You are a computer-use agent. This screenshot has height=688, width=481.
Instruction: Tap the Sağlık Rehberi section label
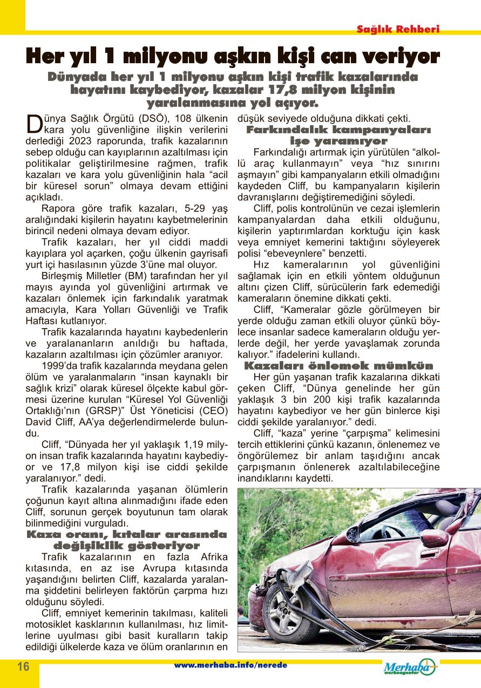[x=398, y=30]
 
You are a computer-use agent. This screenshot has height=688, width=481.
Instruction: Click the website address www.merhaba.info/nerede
[x=231, y=665]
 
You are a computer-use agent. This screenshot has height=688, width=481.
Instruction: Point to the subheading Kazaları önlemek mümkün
[x=339, y=365]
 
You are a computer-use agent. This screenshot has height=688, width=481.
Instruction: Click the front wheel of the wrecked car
[x=292, y=609]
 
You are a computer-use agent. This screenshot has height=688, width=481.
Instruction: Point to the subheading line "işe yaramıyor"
[x=338, y=141]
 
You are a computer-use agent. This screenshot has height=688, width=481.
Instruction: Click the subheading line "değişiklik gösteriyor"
[x=126, y=546]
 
